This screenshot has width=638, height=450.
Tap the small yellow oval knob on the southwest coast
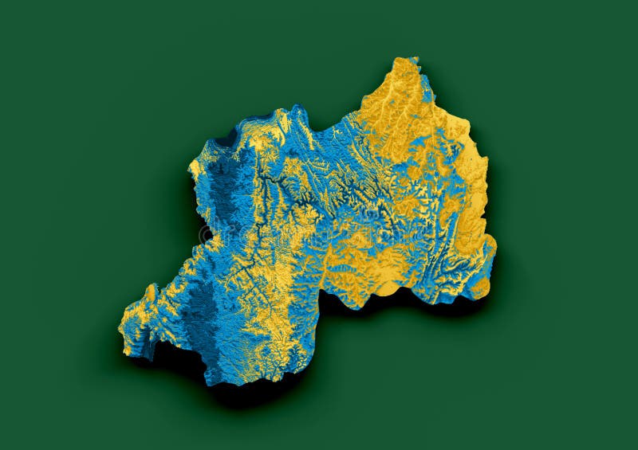coord(150,292)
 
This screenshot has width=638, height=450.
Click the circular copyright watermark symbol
coord(207,234)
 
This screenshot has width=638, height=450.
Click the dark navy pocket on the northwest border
coord(226,139)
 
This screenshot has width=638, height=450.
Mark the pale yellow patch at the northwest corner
coord(199,167)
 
